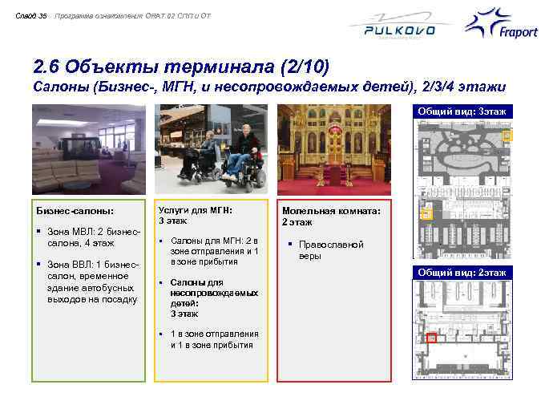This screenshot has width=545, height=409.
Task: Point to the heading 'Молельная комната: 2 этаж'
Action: pos(331,216)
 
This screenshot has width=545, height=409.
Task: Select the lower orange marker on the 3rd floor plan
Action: pos(426,214)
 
